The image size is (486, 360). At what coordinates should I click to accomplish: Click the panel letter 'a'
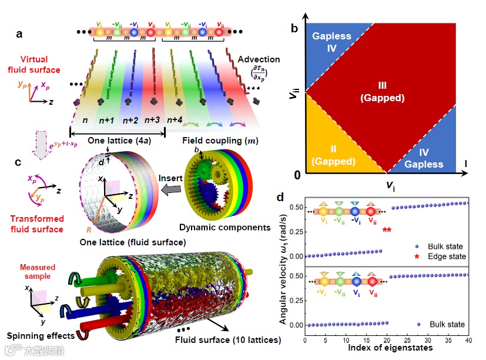tap(19, 34)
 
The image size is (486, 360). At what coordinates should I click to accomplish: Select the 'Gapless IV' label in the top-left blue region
tap(331, 42)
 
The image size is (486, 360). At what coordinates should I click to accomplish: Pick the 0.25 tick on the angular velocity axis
tap(294, 231)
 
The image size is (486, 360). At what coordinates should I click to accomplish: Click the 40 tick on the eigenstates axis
tap(468, 341)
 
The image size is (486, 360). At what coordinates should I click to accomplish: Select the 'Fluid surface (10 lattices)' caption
tap(227, 339)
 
